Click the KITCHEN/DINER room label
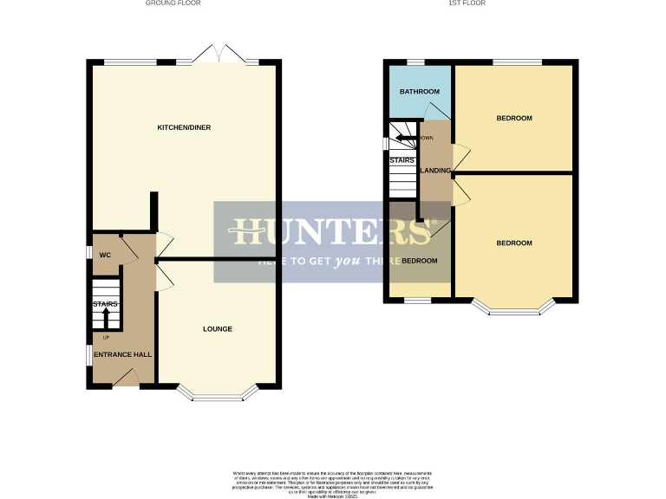click(x=183, y=127)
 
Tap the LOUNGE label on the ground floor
click(x=218, y=328)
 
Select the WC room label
click(x=105, y=255)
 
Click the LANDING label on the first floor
click(x=434, y=171)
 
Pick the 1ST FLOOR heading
click(x=467, y=3)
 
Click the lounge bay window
click(x=218, y=395)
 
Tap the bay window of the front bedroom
click(x=513, y=308)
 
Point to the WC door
click(x=127, y=249)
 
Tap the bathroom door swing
click(x=438, y=110)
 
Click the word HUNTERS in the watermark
click(x=331, y=232)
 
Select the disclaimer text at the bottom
click(x=332, y=482)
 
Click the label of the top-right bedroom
click(x=513, y=118)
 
